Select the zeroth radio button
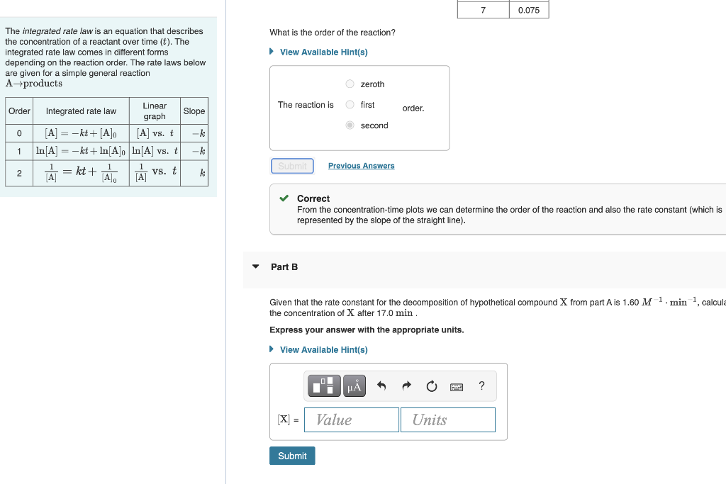point(350,84)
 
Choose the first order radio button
point(350,105)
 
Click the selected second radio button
point(350,125)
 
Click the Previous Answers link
point(361,166)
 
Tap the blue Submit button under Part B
point(292,456)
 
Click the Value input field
point(352,420)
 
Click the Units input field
point(447,420)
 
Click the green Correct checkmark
point(284,198)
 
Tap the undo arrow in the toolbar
point(381,386)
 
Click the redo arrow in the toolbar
point(406,386)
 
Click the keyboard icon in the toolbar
point(457,387)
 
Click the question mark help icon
point(482,385)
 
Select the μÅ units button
point(354,386)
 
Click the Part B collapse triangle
point(256,266)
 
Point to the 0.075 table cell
point(529,10)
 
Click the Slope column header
point(194,111)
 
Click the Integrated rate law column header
point(81,111)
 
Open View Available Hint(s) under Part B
point(323,349)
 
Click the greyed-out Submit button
point(292,166)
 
